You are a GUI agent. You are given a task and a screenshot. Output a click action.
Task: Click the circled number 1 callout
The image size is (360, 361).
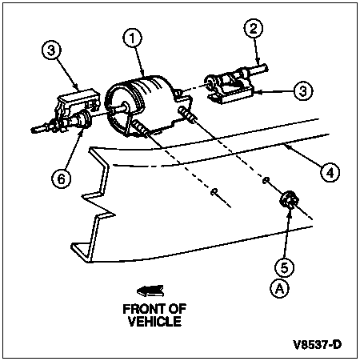tap(133, 38)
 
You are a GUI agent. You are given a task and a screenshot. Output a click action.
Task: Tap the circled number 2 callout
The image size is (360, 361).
tap(254, 28)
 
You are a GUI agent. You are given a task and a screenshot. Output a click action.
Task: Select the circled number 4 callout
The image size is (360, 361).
tap(330, 173)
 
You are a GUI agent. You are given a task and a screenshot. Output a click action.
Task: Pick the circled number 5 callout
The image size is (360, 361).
tap(285, 267)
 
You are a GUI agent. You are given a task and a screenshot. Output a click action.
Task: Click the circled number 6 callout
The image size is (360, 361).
tap(62, 178)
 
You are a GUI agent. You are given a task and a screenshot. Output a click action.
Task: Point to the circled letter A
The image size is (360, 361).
tap(279, 288)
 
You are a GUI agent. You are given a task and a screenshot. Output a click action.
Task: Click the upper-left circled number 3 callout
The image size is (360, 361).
tap(51, 50)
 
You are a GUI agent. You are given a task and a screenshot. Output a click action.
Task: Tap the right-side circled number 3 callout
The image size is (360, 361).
tap(303, 90)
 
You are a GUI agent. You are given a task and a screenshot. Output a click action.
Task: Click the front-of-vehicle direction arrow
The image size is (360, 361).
tap(150, 291)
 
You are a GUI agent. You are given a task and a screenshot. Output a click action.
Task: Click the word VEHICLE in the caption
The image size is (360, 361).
tap(154, 322)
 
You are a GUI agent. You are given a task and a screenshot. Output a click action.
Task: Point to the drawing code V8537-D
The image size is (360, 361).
tap(318, 345)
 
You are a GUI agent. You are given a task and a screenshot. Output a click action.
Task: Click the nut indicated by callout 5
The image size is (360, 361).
tap(288, 200)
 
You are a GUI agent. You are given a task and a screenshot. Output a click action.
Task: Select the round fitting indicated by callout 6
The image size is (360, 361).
tap(85, 119)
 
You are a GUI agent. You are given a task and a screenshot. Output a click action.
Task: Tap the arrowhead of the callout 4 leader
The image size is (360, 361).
tap(286, 146)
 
